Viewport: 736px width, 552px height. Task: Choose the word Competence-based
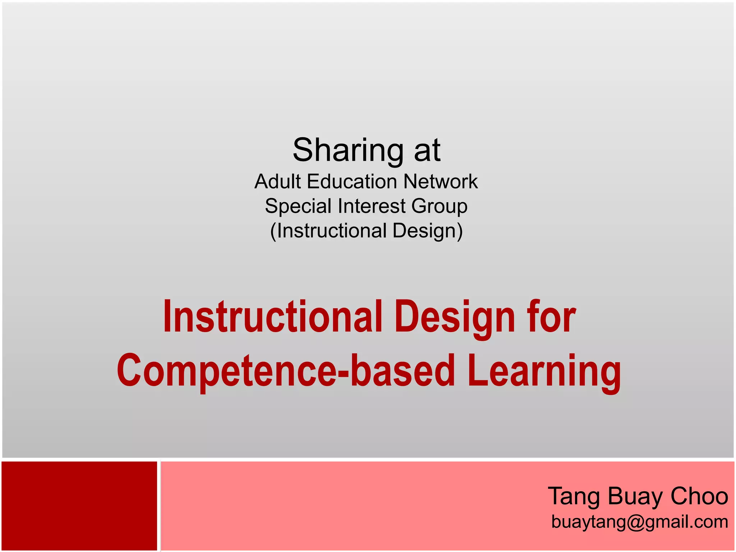click(x=286, y=371)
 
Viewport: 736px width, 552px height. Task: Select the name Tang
click(x=574, y=496)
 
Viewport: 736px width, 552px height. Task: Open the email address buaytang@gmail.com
click(x=640, y=522)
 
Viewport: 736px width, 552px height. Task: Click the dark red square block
click(x=79, y=506)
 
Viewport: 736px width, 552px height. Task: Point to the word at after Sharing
click(x=427, y=150)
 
